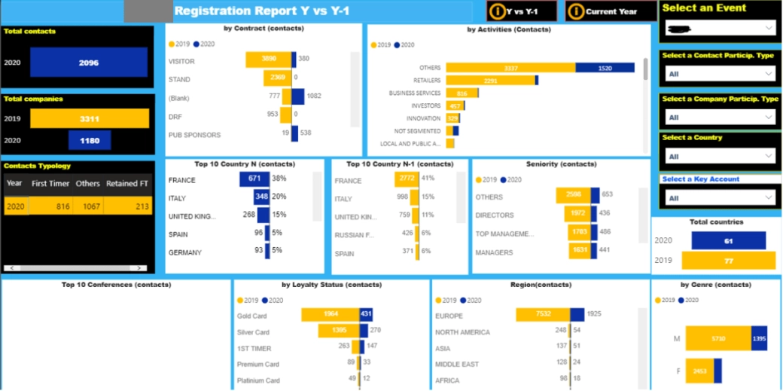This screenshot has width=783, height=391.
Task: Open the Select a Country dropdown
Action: click(x=720, y=156)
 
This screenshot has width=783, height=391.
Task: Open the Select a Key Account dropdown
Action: click(x=720, y=197)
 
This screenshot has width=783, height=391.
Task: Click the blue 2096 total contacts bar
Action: click(x=89, y=63)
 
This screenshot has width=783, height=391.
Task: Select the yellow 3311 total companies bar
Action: click(x=89, y=119)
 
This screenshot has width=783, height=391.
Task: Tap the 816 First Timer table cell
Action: click(x=51, y=206)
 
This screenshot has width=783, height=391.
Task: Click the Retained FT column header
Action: click(x=126, y=183)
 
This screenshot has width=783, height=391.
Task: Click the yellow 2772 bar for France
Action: click(x=406, y=179)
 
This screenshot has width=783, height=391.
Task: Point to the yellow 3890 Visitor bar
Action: click(x=268, y=59)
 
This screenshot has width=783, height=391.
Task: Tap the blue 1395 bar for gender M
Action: click(x=759, y=339)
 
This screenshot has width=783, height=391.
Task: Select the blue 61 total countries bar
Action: click(x=728, y=240)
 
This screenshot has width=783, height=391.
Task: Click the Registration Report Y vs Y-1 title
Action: click(x=261, y=11)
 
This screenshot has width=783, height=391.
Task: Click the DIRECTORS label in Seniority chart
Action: click(x=495, y=215)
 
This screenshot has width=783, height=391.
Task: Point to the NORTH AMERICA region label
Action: click(x=462, y=331)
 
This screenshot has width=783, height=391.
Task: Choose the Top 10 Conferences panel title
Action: click(x=116, y=285)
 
